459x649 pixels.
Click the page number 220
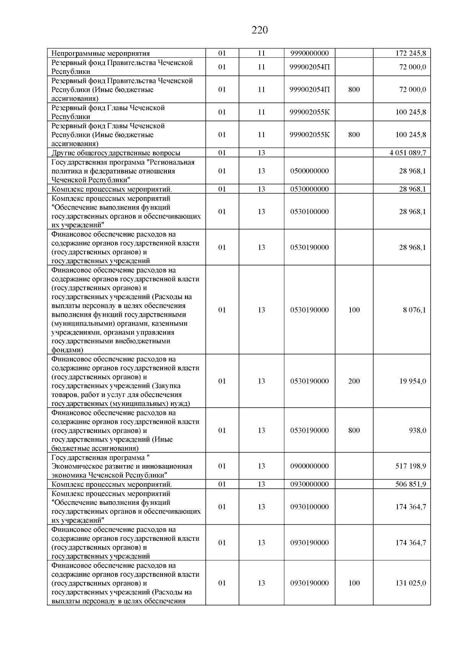tap(260, 30)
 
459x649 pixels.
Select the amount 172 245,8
tap(410, 53)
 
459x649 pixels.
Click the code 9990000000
tap(309, 53)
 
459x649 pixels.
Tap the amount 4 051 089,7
tap(408, 153)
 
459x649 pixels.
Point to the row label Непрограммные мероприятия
tap(101, 53)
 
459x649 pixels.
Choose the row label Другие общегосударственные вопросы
tap(116, 153)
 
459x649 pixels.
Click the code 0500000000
tap(309, 171)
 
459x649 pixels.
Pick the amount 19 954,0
tap(412, 381)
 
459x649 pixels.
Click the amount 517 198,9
tap(410, 466)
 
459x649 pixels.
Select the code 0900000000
tap(309, 466)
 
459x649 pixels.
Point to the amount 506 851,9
tap(410, 484)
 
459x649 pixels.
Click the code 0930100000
tap(309, 507)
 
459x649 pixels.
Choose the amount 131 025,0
tap(410, 583)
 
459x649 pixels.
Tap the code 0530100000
tap(309, 211)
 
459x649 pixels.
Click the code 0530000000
tap(309, 189)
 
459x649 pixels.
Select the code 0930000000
tap(309, 484)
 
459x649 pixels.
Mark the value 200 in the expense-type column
tap(354, 381)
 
